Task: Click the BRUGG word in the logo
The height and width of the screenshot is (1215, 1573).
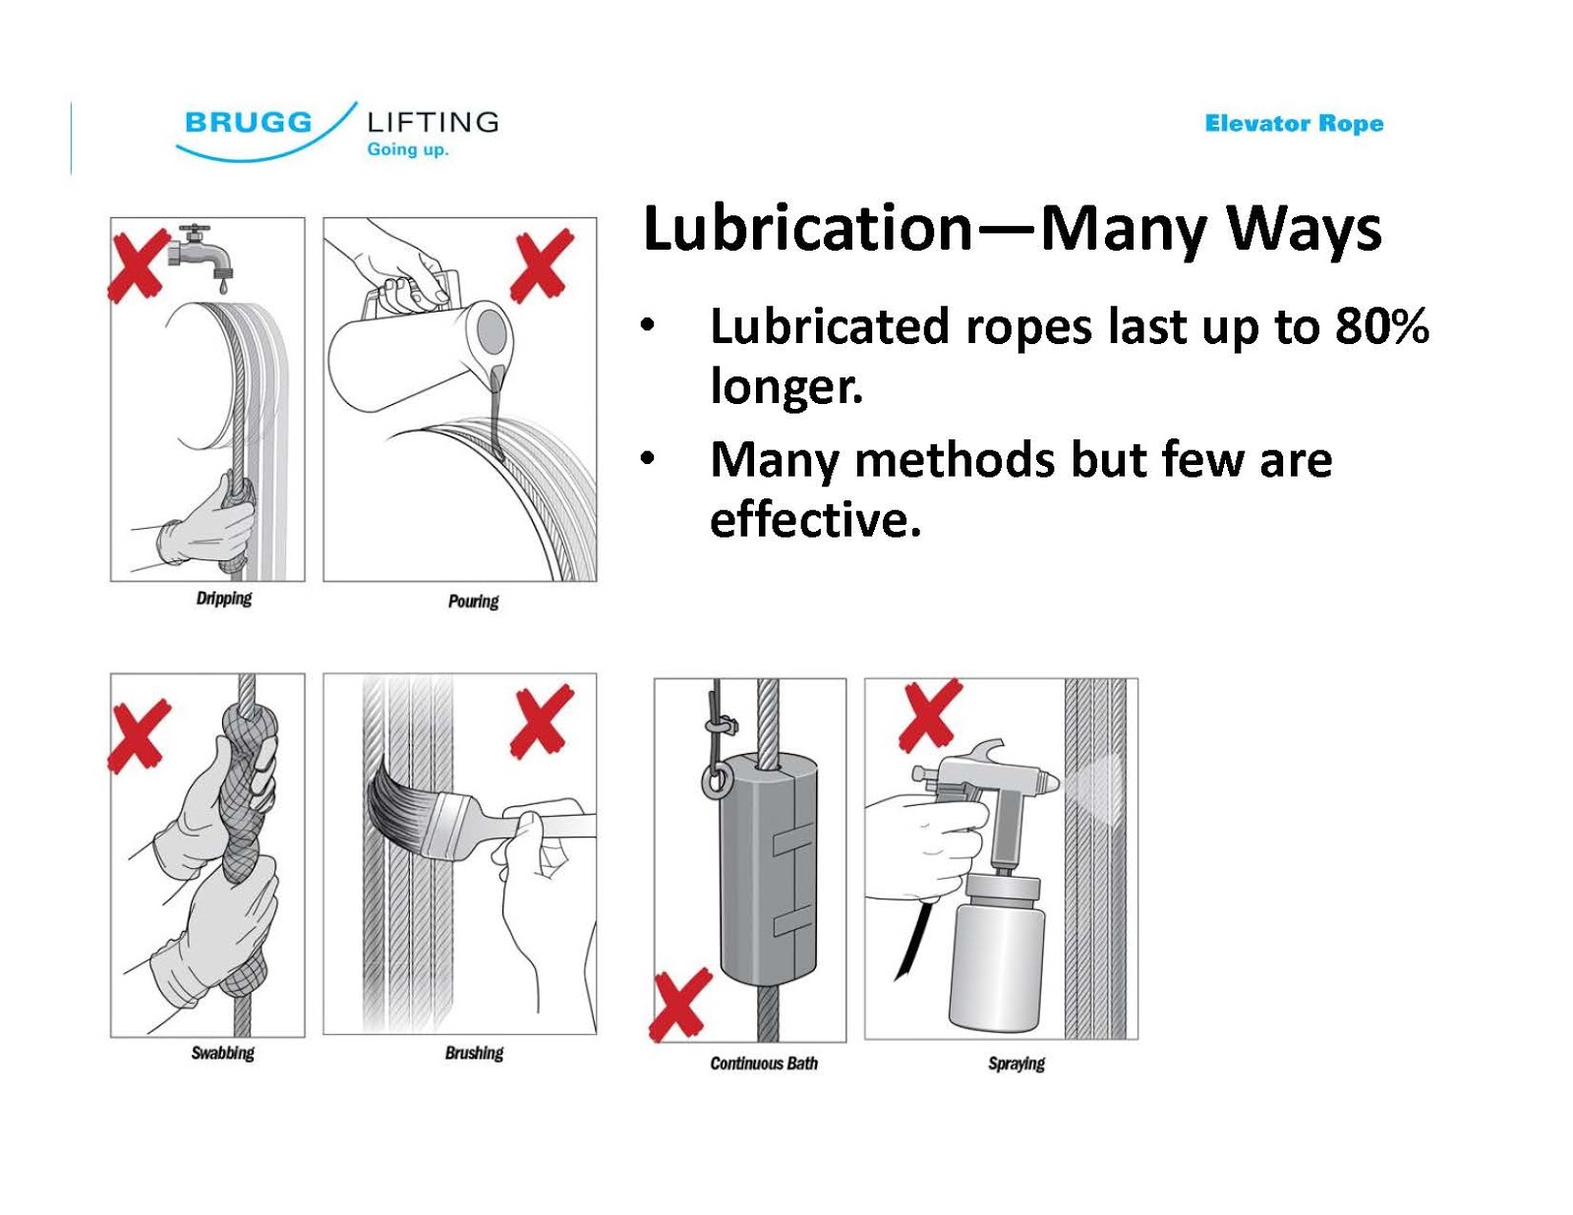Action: [248, 123]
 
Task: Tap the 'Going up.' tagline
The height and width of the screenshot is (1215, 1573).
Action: [407, 149]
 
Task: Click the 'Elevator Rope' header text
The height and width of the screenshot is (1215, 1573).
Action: [1294, 124]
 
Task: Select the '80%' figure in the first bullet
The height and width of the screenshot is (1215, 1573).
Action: [1381, 327]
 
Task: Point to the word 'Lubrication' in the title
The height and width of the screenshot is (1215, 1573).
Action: [807, 228]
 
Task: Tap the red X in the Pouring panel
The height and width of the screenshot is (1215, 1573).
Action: [541, 265]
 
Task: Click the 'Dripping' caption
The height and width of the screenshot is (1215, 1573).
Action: [224, 599]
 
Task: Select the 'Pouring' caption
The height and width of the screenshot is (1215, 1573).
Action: [473, 602]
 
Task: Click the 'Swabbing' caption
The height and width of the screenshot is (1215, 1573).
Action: [222, 1053]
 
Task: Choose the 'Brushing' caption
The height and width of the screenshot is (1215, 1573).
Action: [474, 1053]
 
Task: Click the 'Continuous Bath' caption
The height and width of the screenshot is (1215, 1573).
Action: [764, 1064]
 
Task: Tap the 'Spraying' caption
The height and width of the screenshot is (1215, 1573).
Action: [1017, 1064]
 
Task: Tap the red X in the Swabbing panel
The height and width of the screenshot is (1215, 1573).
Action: [140, 734]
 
